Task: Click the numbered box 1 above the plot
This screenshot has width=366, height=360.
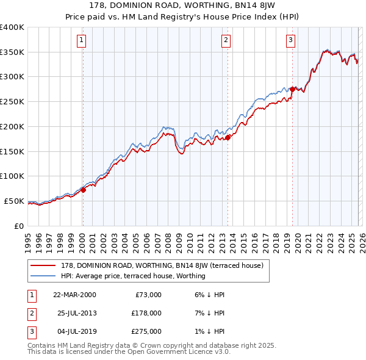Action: pos(81,41)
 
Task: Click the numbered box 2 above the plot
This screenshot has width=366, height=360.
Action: pos(226,41)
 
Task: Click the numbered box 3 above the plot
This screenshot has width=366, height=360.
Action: pos(290,41)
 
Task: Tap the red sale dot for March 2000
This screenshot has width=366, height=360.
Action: pos(84,189)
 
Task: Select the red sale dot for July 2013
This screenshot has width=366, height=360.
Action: pos(228,137)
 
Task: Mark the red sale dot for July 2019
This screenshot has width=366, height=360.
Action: pos(292,89)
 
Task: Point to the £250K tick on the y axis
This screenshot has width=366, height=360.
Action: pos(12,102)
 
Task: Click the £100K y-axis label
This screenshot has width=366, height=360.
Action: pos(12,176)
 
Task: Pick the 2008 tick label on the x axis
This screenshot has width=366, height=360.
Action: pos(172,238)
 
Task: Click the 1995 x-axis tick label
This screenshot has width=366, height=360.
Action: pos(28,238)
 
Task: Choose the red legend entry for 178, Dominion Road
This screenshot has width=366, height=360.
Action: pos(162,266)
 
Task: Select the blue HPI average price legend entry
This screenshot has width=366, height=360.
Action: pos(133,276)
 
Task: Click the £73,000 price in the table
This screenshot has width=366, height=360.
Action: pos(147,294)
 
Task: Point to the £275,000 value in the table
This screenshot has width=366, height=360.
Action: pos(147,332)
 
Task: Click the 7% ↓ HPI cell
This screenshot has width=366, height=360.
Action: pos(210,313)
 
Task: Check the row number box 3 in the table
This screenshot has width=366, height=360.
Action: pos(31,332)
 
